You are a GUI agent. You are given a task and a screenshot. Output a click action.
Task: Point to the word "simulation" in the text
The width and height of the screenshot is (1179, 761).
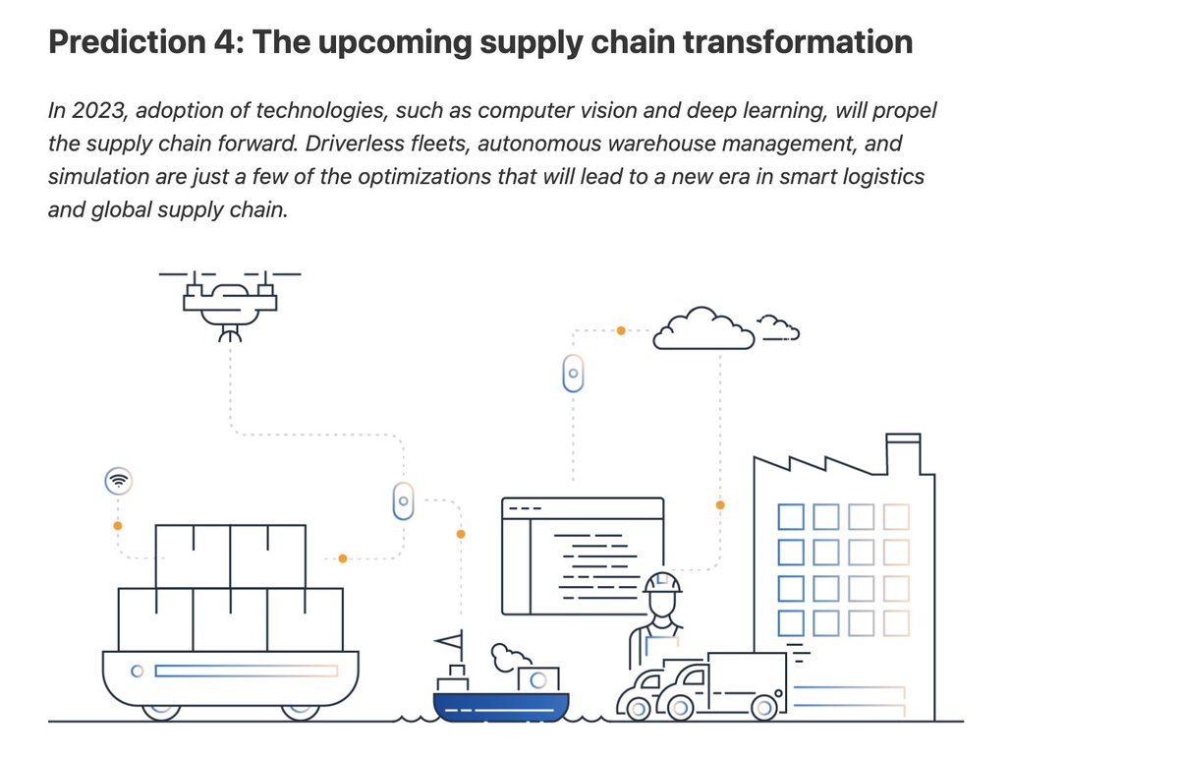(x=92, y=177)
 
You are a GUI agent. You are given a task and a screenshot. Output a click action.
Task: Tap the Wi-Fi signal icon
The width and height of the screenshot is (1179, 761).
(x=118, y=482)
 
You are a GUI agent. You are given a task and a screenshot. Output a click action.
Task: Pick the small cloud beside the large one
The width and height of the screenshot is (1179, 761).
(x=778, y=326)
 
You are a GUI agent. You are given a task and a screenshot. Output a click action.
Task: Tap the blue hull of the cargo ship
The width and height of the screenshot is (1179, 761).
(x=501, y=708)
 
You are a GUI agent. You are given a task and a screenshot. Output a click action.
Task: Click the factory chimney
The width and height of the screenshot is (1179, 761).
(x=903, y=453)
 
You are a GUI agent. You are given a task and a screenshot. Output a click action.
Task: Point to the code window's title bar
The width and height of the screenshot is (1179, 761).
(x=583, y=508)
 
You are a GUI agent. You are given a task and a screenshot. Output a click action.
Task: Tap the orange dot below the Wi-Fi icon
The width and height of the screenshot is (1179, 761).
(x=118, y=526)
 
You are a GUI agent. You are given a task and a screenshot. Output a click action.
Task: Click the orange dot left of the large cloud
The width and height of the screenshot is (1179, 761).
(x=620, y=331)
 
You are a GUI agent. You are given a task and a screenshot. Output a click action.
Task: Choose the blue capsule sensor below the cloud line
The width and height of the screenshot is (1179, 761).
(x=574, y=374)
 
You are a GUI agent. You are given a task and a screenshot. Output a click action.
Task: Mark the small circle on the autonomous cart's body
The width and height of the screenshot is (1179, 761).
(x=139, y=672)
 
